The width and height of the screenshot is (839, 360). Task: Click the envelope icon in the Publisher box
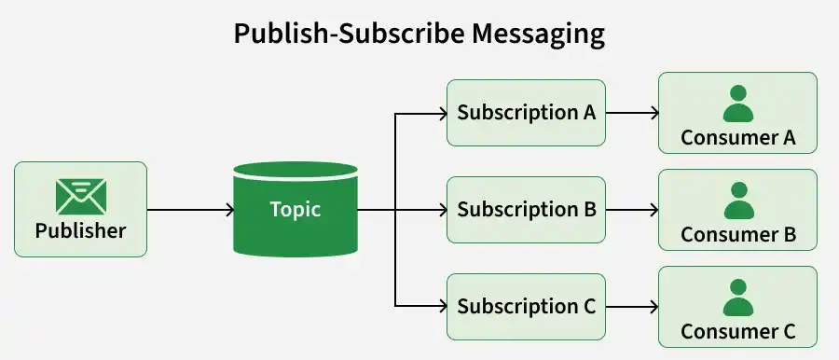[81, 197]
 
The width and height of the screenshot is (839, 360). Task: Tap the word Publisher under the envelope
[81, 231]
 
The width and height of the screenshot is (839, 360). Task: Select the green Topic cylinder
[296, 209]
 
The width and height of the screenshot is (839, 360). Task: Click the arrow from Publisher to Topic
[190, 210]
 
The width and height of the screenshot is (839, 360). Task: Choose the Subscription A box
[526, 113]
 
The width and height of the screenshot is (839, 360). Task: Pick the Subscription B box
[526, 210]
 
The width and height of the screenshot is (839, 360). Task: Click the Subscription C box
[526, 307]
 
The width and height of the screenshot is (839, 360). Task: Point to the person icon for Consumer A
[738, 104]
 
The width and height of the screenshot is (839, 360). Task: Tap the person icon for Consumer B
[738, 201]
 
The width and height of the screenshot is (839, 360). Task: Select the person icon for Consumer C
[738, 298]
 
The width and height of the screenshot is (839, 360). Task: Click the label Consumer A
[738, 138]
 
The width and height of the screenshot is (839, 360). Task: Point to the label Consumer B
[738, 235]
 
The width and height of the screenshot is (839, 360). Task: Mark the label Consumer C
[738, 332]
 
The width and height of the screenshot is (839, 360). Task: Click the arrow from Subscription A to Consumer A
[632, 113]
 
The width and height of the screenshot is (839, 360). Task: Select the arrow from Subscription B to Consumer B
[632, 210]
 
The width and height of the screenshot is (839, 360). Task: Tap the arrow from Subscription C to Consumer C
[632, 307]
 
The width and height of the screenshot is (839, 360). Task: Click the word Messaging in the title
[538, 35]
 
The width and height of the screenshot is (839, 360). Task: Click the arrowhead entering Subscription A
[443, 113]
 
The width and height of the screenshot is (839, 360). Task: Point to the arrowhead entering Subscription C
[443, 307]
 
